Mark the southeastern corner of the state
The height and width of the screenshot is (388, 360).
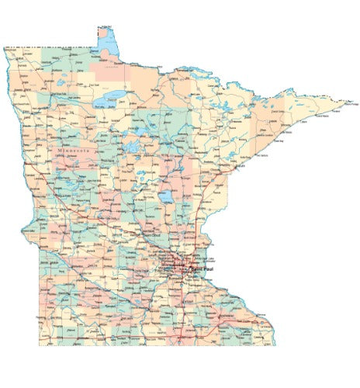pyautogui.click(x=276, y=344)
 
